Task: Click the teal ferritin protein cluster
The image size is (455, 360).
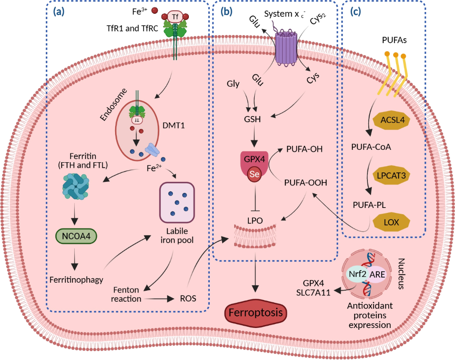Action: point(74,185)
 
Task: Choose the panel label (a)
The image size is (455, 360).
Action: point(59,12)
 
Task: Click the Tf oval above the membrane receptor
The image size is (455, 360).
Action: point(176,17)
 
